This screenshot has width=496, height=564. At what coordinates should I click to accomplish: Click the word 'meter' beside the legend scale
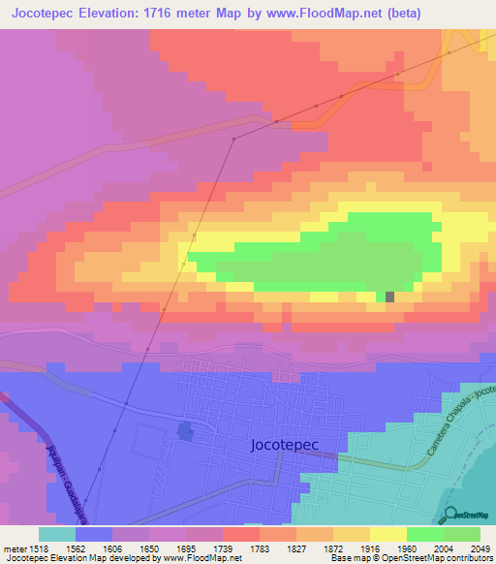[x=14, y=548]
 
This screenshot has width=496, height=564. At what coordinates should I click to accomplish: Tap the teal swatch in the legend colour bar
[x=56, y=534]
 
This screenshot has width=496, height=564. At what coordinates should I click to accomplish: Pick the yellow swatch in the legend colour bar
[x=387, y=534]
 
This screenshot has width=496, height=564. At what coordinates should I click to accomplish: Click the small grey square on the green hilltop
[x=389, y=297]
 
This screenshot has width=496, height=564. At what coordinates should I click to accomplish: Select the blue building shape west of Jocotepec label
[x=185, y=431]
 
